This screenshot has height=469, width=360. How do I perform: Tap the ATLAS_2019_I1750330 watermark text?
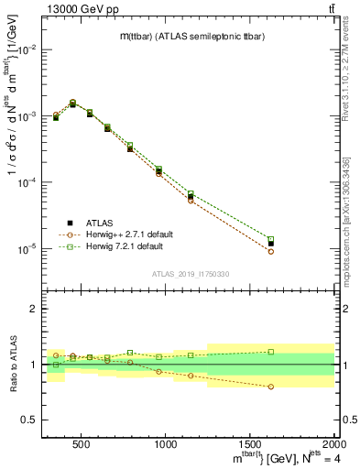coord(190,274)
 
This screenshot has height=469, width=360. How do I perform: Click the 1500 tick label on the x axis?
coord(250,444)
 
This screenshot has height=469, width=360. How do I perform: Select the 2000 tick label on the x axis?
coord(332,444)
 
